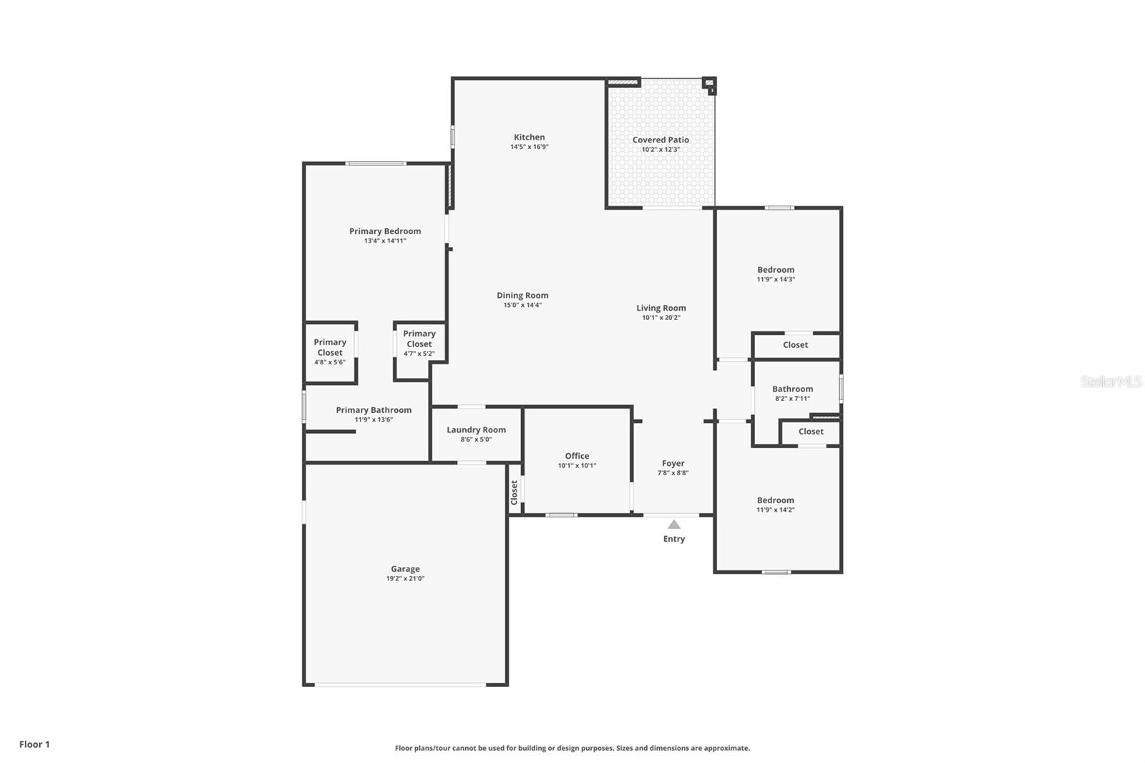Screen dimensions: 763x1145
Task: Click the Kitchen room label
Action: [x=530, y=137]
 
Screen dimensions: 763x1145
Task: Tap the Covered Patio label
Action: [x=661, y=140]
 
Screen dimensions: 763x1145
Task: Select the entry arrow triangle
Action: [x=674, y=525]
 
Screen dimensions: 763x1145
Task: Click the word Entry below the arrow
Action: [x=674, y=539]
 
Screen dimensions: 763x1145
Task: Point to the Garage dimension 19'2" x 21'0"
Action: [x=405, y=579]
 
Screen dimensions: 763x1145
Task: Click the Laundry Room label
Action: [x=476, y=430]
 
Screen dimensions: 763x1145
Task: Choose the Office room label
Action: [x=577, y=456]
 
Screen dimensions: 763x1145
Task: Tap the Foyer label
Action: [x=673, y=464]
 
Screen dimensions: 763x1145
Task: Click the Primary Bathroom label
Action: [x=374, y=410]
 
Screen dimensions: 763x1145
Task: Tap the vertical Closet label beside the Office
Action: [x=515, y=492]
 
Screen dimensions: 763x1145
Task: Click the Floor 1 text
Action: [x=34, y=744]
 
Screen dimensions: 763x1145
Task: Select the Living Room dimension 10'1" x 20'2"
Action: [x=661, y=318]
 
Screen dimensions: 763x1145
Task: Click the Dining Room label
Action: [x=522, y=296]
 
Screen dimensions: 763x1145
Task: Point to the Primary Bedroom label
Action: [x=385, y=231]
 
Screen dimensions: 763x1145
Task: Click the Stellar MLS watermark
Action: [x=1111, y=382]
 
